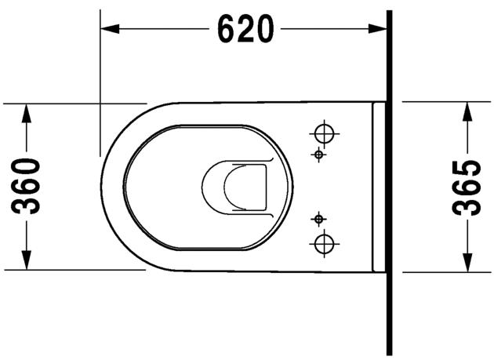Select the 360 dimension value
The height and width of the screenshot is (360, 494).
29,186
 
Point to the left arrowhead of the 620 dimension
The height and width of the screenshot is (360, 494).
110,29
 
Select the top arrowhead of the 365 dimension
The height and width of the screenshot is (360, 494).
467,111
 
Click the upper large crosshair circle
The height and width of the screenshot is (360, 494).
323,132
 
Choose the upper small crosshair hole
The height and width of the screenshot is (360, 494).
318,155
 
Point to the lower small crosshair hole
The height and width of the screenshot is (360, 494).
318,217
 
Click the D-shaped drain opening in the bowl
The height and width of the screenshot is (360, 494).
235,187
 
